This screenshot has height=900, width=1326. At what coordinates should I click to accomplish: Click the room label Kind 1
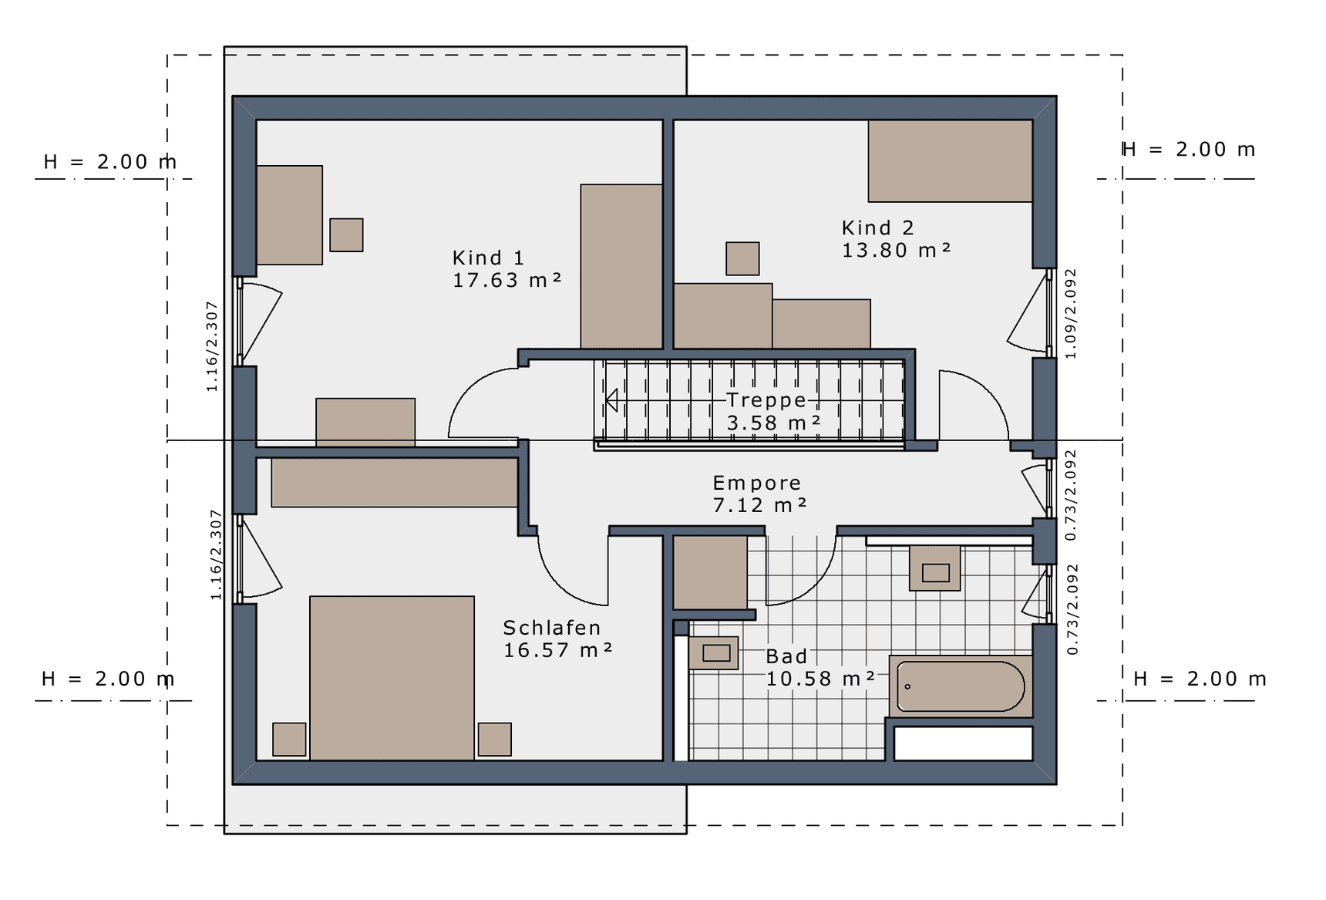click(x=488, y=258)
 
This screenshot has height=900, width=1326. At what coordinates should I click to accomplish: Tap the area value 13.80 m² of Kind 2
click(x=896, y=251)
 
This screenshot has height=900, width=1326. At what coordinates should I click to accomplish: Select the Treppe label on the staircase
click(x=766, y=400)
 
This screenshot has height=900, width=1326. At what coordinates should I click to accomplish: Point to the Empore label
click(x=756, y=484)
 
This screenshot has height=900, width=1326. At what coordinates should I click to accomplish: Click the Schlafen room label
click(x=552, y=628)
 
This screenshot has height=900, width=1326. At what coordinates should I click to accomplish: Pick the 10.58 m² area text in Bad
click(x=820, y=679)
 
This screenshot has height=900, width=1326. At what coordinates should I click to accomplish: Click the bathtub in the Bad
click(x=961, y=686)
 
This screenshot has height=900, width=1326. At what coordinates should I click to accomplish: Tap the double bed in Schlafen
click(x=392, y=678)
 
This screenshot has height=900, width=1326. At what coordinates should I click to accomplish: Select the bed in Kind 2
click(x=950, y=161)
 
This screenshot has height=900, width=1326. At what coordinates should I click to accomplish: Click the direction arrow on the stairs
click(x=611, y=400)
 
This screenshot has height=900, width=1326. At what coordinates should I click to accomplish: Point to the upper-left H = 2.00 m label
click(x=110, y=162)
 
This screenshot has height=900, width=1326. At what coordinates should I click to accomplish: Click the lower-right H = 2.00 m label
click(x=1200, y=679)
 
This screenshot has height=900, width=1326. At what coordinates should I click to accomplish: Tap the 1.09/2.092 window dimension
click(x=1070, y=314)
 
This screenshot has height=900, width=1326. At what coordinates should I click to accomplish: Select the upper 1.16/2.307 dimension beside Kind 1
click(x=212, y=346)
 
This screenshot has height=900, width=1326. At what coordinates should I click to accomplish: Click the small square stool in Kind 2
click(x=742, y=258)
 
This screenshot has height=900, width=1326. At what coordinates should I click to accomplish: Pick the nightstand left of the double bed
click(x=289, y=739)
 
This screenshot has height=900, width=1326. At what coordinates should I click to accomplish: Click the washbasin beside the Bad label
click(x=714, y=652)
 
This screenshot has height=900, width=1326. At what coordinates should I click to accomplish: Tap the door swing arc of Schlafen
click(x=570, y=576)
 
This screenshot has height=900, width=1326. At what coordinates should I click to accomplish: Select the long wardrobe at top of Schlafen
click(x=394, y=483)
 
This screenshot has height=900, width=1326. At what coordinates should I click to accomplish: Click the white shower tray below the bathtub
click(x=963, y=743)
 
